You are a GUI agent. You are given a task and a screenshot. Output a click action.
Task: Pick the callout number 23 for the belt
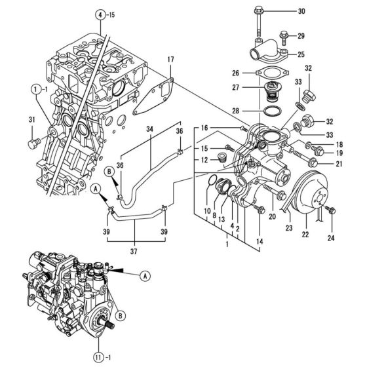(287, 228)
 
